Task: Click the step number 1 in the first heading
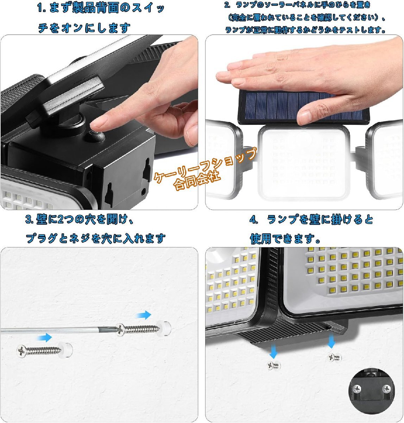(40, 8)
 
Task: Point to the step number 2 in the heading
(227, 5)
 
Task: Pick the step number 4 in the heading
(253, 220)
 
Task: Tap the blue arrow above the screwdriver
(144, 315)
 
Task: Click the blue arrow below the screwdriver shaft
(44, 338)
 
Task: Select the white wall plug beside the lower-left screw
(65, 350)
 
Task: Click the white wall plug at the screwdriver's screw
(164, 328)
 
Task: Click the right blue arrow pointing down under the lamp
(331, 341)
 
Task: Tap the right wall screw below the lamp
(335, 357)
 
